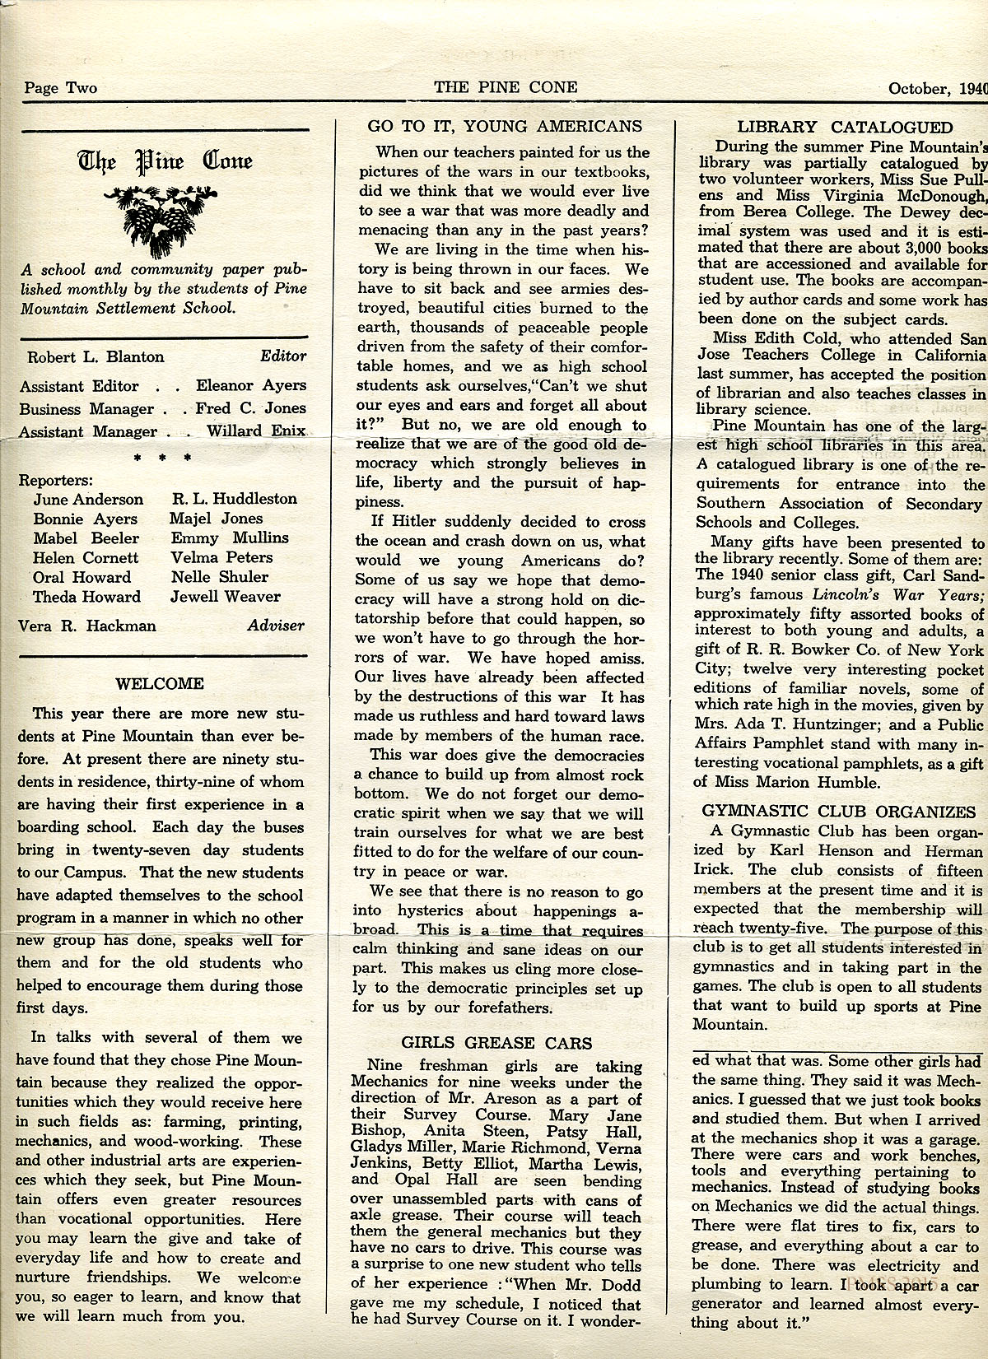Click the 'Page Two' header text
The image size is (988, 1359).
[x=60, y=88]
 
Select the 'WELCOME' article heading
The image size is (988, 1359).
[x=160, y=683]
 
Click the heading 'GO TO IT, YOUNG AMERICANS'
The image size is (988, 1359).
[x=505, y=126]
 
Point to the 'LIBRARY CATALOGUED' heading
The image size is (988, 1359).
[x=845, y=127]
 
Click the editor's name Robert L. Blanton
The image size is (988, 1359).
[x=96, y=357]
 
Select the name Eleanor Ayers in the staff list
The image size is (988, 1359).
[x=250, y=385]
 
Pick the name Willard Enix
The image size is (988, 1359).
[x=255, y=431]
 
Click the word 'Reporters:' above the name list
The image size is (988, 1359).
[x=55, y=479]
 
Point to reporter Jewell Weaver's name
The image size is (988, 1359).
[x=226, y=597]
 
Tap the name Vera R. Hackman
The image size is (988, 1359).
[x=86, y=626]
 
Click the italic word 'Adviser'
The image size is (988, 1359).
[x=276, y=626]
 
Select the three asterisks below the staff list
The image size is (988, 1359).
[x=162, y=457]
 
